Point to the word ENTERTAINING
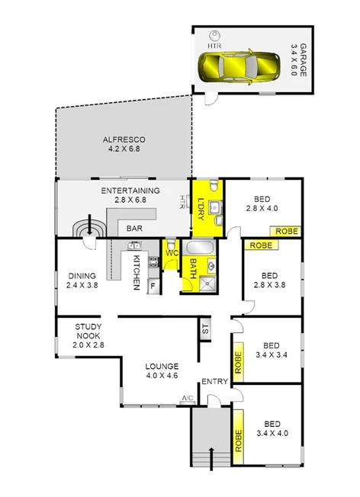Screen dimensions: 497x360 [130, 191]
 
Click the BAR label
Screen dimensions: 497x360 [135, 228]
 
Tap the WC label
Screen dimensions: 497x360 [172, 251]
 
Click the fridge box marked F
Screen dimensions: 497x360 [153, 286]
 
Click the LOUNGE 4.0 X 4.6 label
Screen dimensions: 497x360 [161, 370]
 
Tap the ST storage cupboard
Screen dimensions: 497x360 [205, 329]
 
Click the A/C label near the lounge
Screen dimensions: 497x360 [187, 398]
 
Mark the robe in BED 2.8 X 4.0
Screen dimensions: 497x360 [287, 230]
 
